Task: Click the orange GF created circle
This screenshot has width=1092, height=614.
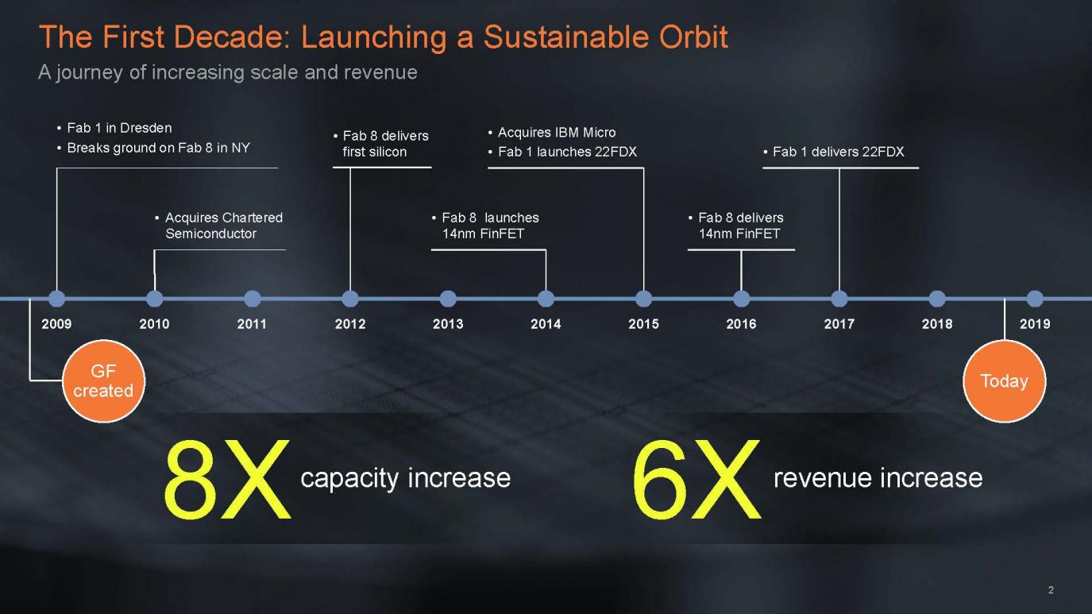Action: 103,381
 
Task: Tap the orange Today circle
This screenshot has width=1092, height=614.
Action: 1005,381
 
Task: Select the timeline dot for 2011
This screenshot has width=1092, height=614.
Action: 252,299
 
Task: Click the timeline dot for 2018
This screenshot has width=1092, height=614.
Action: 937,299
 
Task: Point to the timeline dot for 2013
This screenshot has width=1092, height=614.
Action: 448,299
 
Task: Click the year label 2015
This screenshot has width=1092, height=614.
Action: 643,324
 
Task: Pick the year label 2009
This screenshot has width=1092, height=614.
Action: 56,324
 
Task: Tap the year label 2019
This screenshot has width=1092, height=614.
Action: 1035,324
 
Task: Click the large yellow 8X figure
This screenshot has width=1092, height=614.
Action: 227,478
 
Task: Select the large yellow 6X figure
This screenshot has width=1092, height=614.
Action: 696,478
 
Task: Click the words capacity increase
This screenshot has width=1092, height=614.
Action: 406,478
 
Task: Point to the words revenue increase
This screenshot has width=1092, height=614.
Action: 878,478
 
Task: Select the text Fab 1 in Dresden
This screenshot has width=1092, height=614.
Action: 119,128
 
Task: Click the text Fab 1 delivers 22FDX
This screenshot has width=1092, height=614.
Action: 839,152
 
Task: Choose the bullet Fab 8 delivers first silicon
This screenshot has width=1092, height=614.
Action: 381,144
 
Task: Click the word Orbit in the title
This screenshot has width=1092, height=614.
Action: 693,37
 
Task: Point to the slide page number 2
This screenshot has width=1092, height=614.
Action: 1051,590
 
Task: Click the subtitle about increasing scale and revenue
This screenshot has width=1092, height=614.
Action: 228,72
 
